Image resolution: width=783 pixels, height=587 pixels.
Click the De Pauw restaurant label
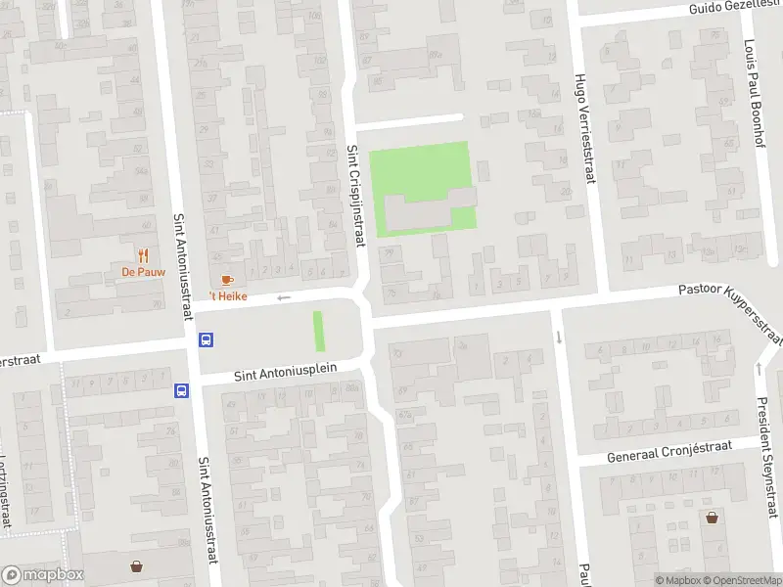(x=143, y=272)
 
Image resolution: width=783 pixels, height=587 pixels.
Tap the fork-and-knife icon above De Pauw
(x=143, y=255)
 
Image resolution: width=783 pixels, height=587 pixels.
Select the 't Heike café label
(x=227, y=296)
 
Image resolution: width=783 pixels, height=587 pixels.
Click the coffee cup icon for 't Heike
(x=227, y=281)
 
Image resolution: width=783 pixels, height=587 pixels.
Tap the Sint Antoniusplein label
(x=285, y=371)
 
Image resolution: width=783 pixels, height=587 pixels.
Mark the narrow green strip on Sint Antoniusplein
(x=318, y=332)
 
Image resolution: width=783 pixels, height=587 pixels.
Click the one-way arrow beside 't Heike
(x=284, y=297)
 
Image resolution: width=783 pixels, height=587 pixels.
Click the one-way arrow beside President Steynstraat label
(x=760, y=368)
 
